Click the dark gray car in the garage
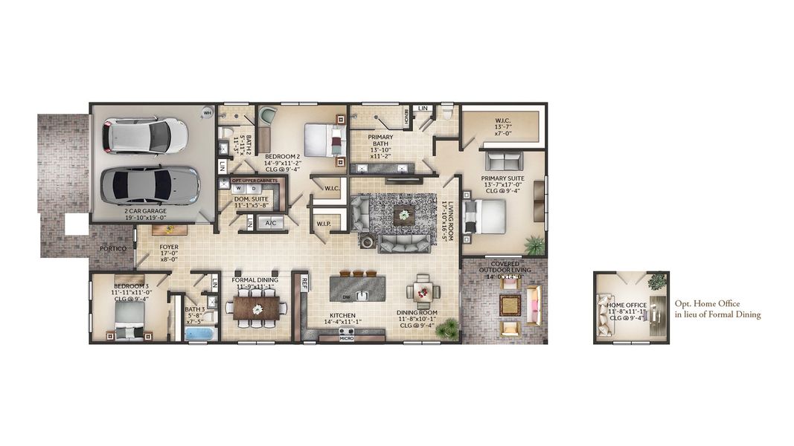[x=150, y=184]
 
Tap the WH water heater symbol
[x=207, y=113]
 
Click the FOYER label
[x=168, y=248]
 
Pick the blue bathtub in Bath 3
[x=199, y=333]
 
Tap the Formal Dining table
[x=257, y=308]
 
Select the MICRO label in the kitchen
[x=346, y=338]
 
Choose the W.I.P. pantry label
[x=324, y=223]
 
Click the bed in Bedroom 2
[x=322, y=139]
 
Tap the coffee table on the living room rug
[x=404, y=215]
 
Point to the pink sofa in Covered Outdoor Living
[x=534, y=306]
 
